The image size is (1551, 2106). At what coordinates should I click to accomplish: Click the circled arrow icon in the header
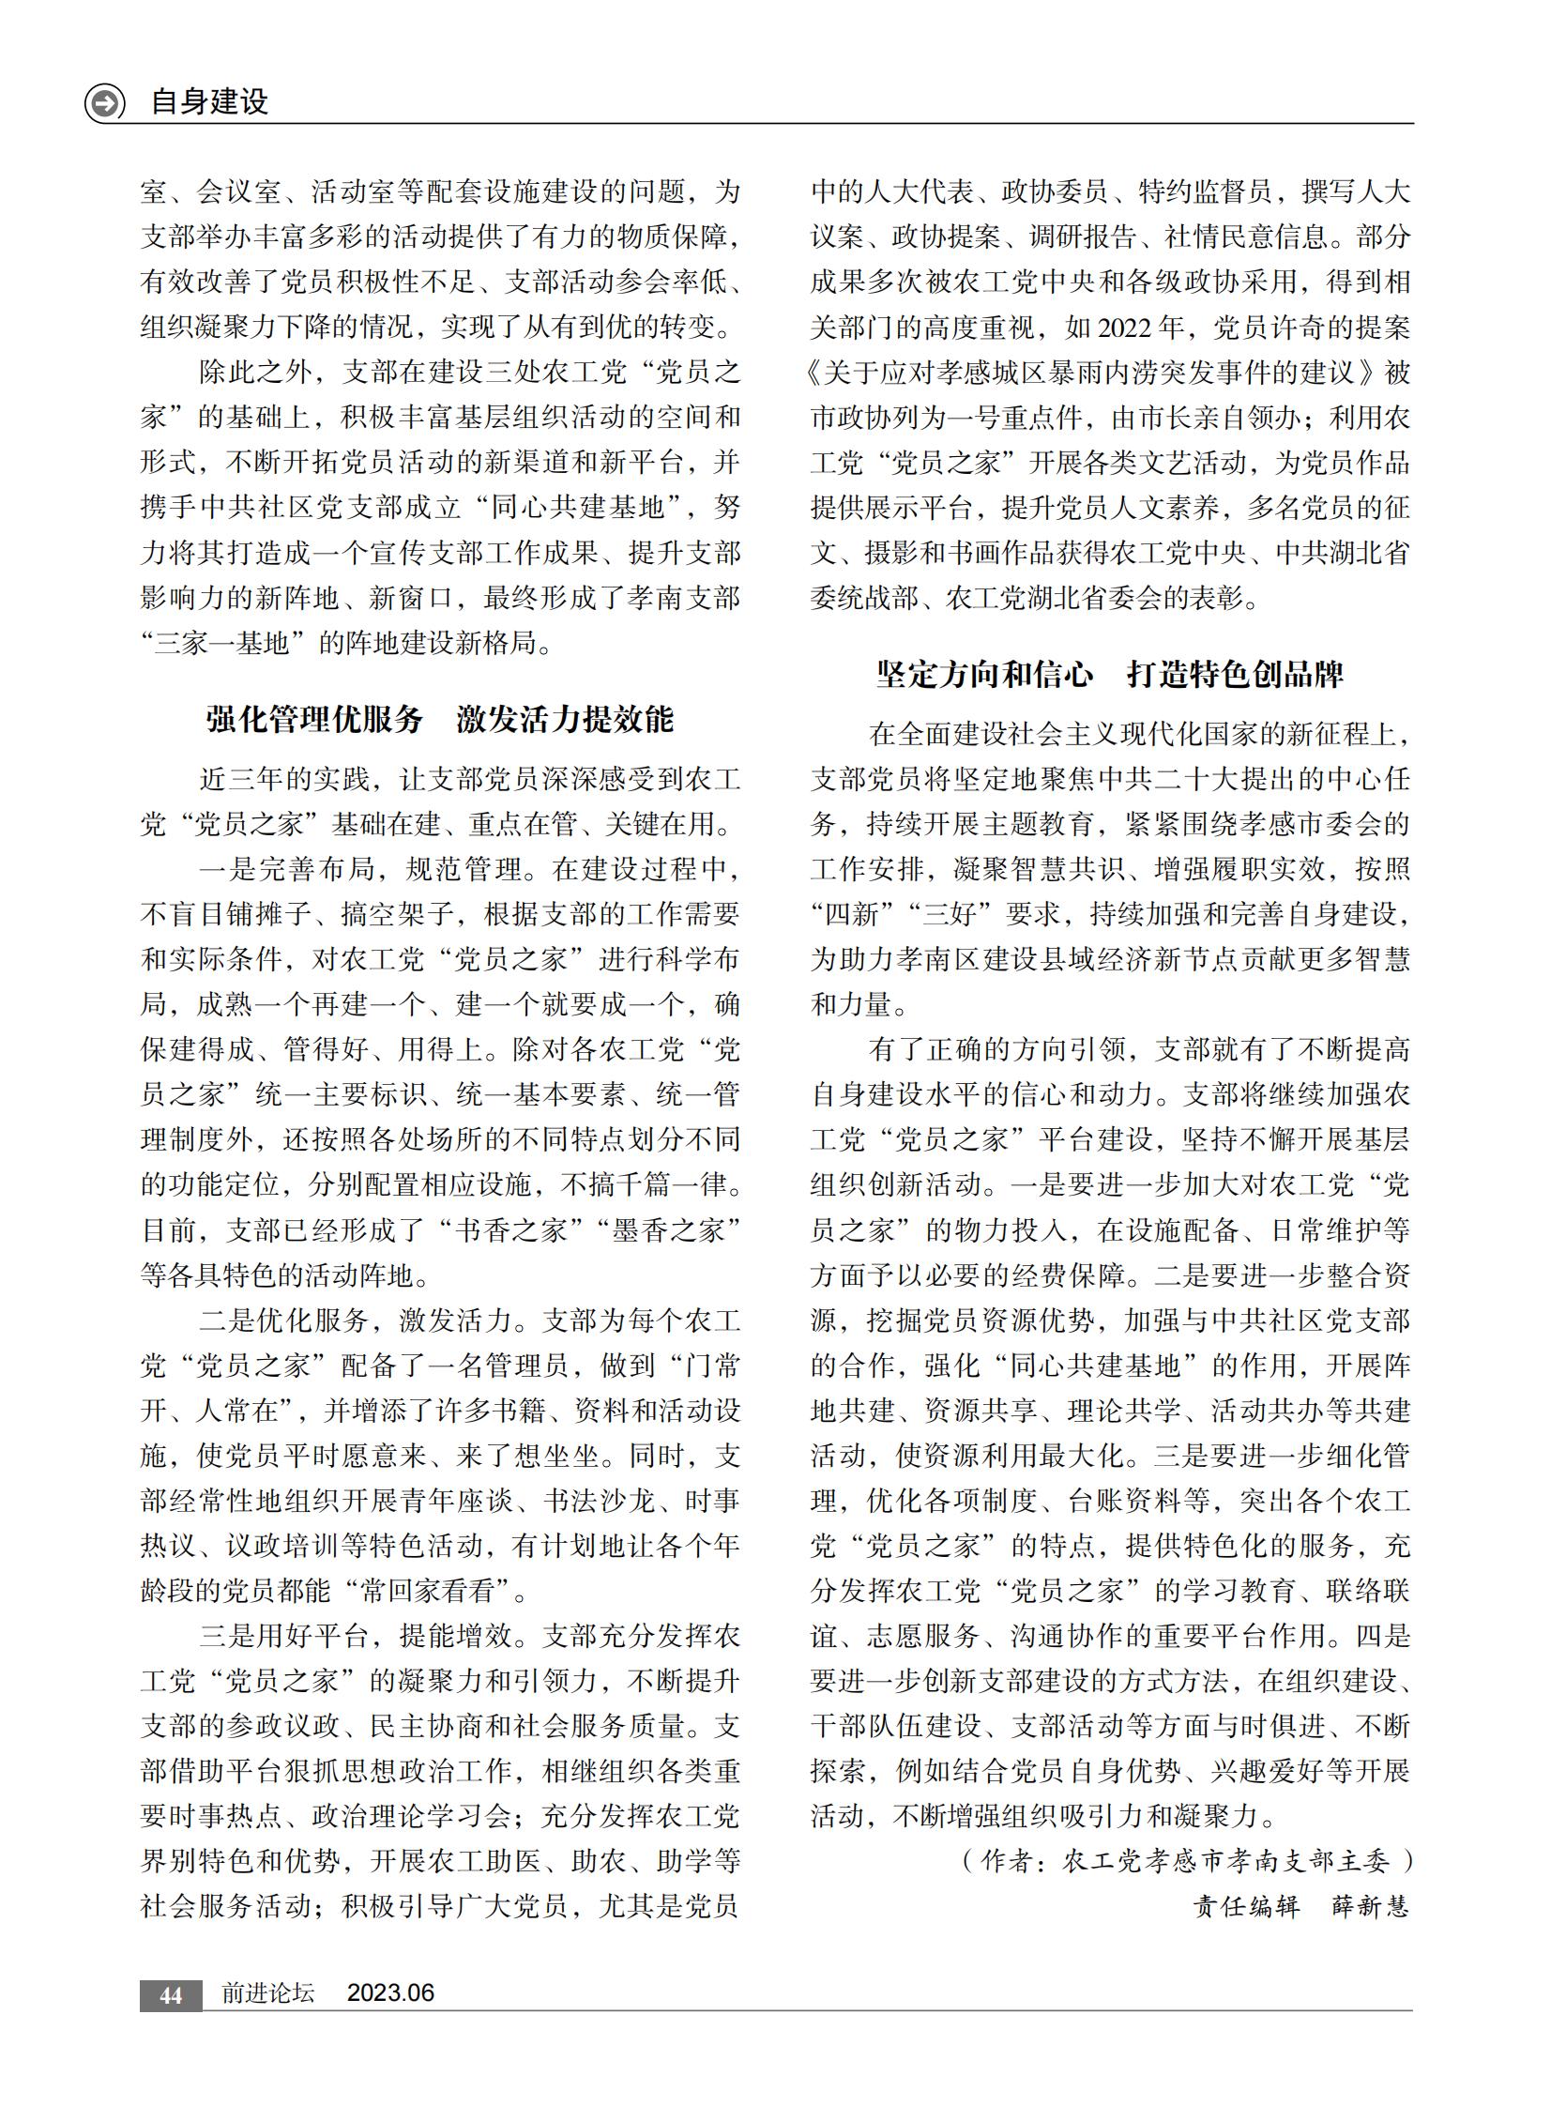pos(104,102)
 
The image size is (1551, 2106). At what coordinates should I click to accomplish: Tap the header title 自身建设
pos(209,101)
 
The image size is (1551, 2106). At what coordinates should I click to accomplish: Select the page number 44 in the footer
pos(170,1994)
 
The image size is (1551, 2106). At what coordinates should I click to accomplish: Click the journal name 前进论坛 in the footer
pos(267,1992)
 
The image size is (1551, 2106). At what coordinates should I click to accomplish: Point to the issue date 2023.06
pos(390,1992)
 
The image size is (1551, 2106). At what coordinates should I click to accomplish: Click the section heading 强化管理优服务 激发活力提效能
pos(439,719)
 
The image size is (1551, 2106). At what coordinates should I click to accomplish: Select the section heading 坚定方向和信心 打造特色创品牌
pos(1110,674)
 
